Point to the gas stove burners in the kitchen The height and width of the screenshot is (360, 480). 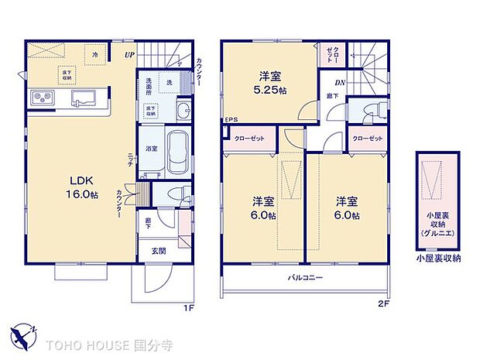coord(40,98)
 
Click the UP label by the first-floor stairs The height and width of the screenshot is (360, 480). coord(132,55)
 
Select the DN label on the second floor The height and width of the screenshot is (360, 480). coord(339,84)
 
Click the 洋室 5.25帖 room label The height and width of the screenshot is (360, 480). coord(270,82)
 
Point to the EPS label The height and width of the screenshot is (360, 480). coord(231,120)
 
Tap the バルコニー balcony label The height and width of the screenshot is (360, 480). coord(306,276)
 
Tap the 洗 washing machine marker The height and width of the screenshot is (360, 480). coord(168,82)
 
